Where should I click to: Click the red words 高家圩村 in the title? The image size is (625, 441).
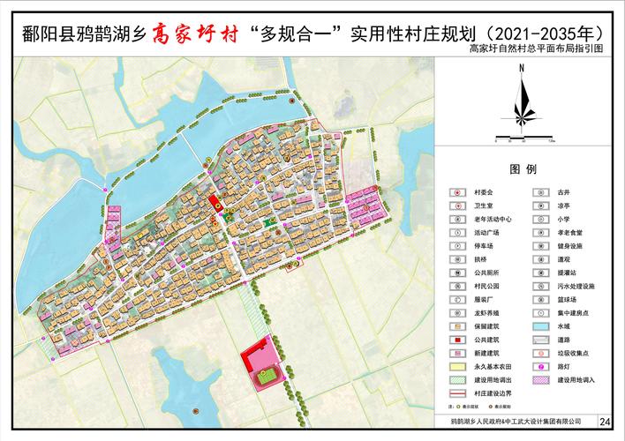196,34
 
